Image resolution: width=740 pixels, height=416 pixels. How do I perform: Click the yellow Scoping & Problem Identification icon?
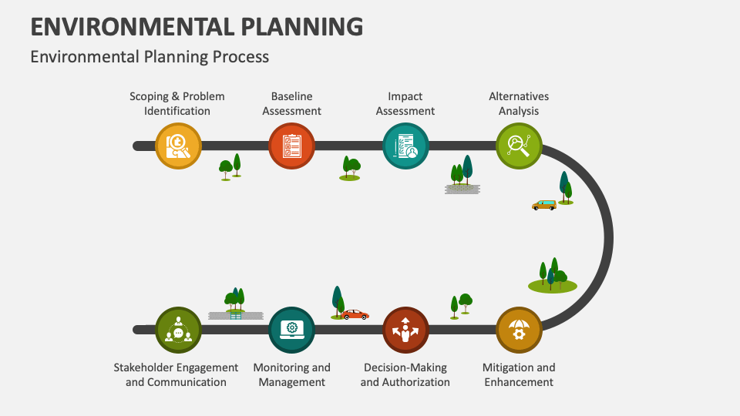(x=178, y=146)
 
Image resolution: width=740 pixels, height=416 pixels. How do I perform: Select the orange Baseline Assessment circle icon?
(x=291, y=146)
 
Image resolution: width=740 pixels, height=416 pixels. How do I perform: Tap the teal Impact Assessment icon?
(x=405, y=146)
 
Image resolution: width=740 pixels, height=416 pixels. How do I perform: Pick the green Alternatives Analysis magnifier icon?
(x=519, y=146)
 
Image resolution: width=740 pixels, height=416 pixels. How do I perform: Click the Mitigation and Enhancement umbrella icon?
(x=519, y=330)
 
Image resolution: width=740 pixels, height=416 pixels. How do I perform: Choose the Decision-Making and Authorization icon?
(x=405, y=330)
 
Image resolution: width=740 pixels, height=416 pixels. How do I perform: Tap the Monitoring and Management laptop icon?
(x=291, y=330)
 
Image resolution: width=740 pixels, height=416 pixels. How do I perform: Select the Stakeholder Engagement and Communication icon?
(x=178, y=330)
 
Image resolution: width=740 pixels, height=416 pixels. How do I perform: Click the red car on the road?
(x=355, y=314)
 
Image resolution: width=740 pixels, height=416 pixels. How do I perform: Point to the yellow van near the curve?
(x=544, y=205)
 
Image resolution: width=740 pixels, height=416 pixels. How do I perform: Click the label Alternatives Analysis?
(x=519, y=103)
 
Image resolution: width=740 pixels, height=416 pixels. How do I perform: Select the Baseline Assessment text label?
(x=291, y=103)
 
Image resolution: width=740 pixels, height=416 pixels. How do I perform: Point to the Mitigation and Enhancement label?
(x=519, y=374)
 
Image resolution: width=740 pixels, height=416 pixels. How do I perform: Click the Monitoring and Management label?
(x=291, y=374)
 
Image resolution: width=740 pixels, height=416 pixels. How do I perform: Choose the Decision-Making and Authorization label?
(x=405, y=374)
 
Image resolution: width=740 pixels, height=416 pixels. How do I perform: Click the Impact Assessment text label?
(x=405, y=103)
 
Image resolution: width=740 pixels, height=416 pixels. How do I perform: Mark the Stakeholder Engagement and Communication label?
(x=176, y=374)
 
